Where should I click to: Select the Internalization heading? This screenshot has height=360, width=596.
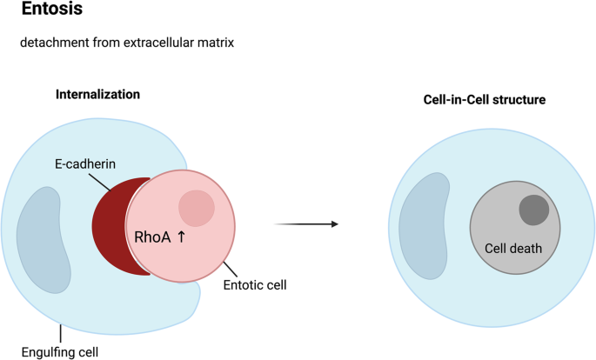coord(97,94)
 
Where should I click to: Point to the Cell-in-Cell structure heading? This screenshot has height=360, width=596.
coord(479,101)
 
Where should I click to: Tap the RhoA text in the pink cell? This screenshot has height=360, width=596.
coord(153,235)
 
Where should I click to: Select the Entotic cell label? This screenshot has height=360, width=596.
coord(254,283)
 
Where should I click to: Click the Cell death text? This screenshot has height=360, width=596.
coord(513,249)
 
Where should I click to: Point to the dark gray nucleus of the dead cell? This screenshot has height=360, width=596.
coord(533,210)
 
